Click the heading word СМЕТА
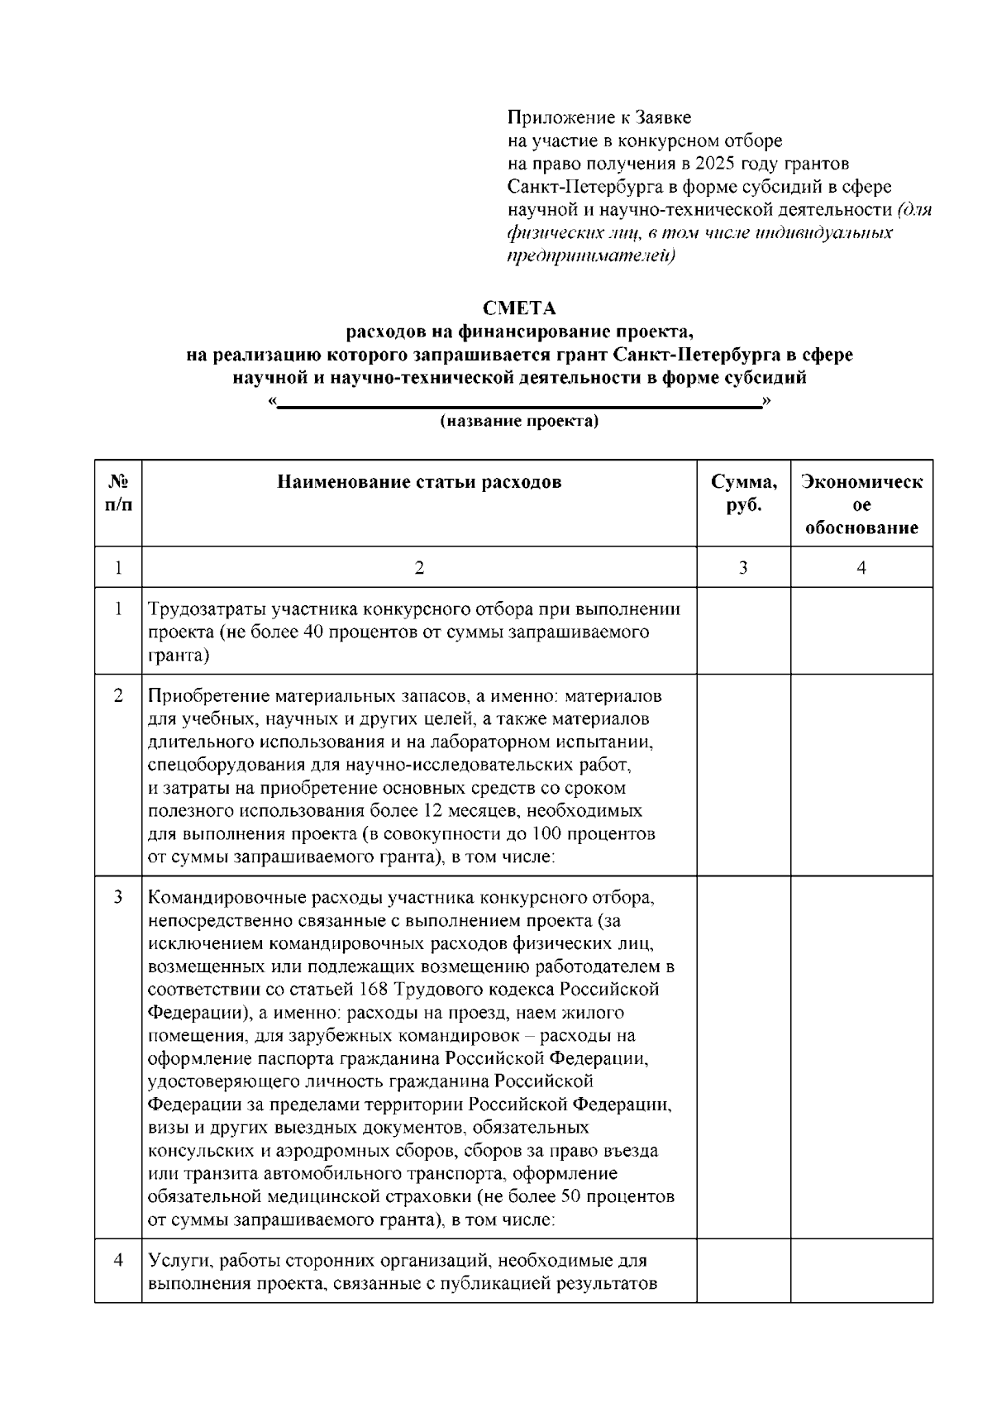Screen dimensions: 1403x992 (x=519, y=308)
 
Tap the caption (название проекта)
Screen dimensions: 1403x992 (x=519, y=422)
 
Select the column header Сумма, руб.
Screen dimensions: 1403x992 (x=743, y=494)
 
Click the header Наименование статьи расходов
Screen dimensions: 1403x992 (x=419, y=482)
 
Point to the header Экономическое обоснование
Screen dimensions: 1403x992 (x=861, y=504)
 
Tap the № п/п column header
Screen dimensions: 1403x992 (x=118, y=494)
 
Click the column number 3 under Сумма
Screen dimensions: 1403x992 (x=743, y=568)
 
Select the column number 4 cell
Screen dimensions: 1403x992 (x=861, y=568)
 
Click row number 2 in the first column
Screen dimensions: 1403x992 (x=118, y=696)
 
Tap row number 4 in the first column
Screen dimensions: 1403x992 (x=118, y=1261)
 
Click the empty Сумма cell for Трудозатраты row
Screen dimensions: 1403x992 (x=743, y=631)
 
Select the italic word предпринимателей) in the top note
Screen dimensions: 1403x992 (x=591, y=255)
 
